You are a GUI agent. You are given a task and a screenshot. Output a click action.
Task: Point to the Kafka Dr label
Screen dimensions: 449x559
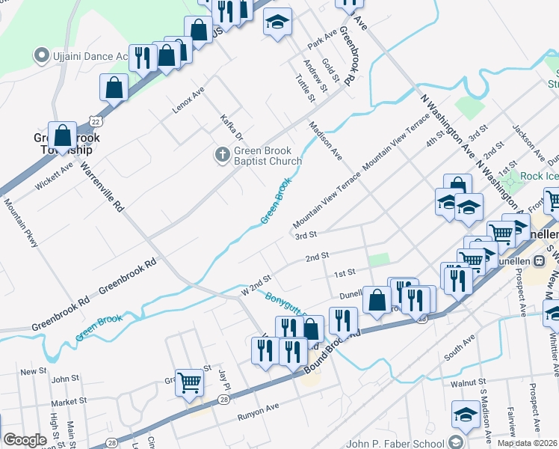click(232, 127)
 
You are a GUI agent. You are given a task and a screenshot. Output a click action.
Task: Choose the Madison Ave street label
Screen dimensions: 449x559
click(325, 141)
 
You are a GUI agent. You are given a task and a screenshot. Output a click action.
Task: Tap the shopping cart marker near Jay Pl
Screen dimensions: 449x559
click(190, 382)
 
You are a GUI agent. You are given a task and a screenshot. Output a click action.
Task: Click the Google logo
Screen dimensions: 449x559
click(25, 440)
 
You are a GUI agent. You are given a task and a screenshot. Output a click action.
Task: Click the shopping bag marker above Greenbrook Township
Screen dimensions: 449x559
click(63, 135)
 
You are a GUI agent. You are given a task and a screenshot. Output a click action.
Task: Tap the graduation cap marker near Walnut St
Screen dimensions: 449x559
click(465, 415)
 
